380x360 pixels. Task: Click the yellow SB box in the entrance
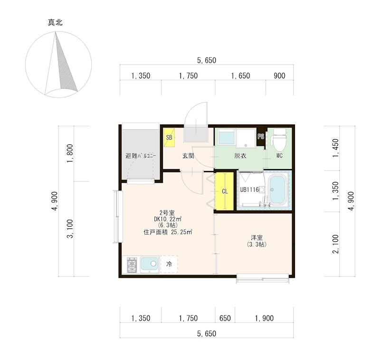click(169, 137)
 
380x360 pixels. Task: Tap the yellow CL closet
click(225, 191)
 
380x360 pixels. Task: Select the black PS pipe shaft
click(261, 136)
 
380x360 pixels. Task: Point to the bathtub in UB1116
click(278, 190)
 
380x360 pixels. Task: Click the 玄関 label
click(188, 156)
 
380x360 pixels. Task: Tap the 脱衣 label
click(240, 156)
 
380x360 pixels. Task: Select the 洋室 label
click(256, 237)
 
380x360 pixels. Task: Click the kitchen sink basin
click(150, 264)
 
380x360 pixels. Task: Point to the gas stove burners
click(132, 265)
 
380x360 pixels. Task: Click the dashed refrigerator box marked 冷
click(169, 264)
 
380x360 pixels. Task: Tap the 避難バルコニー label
click(141, 156)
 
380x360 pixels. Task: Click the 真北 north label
click(55, 22)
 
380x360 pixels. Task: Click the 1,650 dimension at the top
click(240, 76)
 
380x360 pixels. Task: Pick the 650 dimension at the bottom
click(225, 318)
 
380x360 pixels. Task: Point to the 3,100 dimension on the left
click(70, 228)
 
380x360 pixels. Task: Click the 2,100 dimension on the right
click(336, 244)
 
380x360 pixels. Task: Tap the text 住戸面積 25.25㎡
click(168, 232)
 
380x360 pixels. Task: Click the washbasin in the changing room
click(227, 137)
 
